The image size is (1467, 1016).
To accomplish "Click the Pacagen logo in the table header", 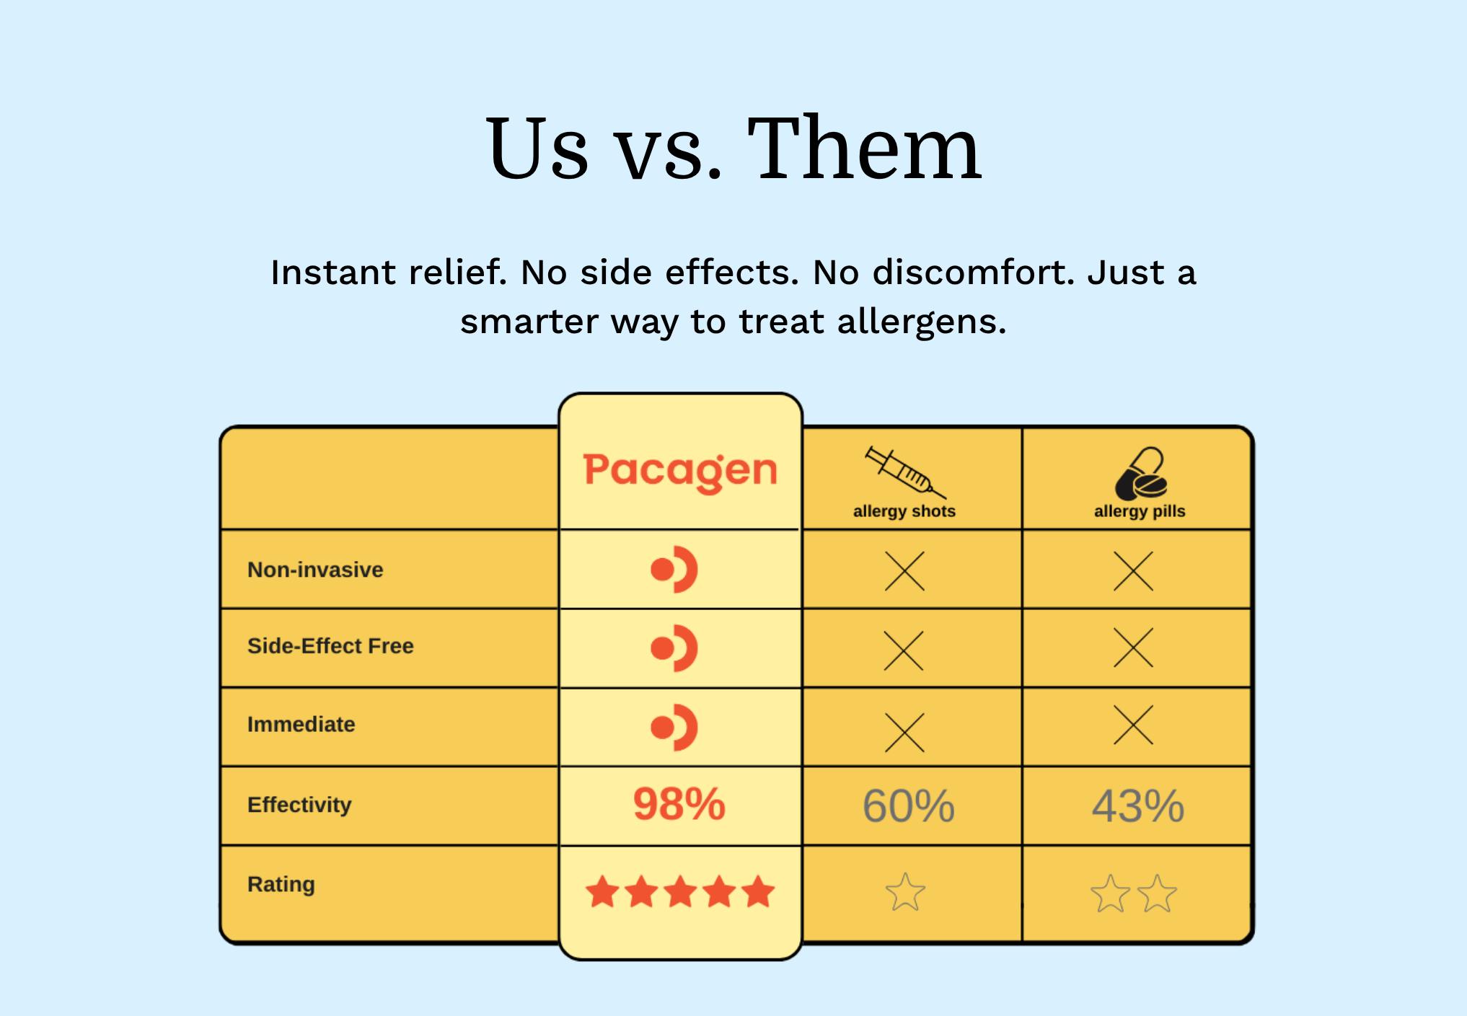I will point(679,471).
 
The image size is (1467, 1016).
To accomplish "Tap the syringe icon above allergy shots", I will point(904,472).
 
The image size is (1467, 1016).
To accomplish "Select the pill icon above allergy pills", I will point(1140,474).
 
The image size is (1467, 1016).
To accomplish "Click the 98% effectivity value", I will point(679,804).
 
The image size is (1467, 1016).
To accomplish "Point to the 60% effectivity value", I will point(908,805).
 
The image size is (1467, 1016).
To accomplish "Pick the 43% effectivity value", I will point(1137,805).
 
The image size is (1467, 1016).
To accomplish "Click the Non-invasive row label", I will point(315,570).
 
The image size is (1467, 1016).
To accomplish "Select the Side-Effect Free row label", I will point(330,645).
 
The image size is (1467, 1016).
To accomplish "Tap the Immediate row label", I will point(301,724).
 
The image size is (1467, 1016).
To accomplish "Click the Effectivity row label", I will point(299,804).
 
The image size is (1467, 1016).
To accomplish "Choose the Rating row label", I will point(281,884).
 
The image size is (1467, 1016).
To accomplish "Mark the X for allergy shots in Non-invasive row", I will point(904,571).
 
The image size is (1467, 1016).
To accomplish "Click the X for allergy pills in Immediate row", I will point(1133,725).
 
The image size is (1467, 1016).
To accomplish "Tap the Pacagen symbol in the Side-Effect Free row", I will point(674,648).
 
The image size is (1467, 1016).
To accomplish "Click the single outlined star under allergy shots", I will point(904,893).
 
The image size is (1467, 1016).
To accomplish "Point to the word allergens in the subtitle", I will point(921,322).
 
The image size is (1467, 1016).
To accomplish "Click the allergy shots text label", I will point(904,511).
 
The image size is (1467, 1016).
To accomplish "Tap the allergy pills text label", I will point(1140,511).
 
